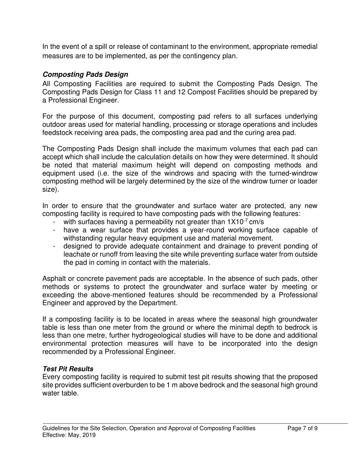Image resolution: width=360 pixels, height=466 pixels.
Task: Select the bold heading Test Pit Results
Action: point(68,369)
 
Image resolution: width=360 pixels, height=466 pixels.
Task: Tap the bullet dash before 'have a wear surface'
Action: point(55,230)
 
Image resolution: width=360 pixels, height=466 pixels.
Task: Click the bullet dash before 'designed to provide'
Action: point(55,247)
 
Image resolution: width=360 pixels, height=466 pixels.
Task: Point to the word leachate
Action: point(77,255)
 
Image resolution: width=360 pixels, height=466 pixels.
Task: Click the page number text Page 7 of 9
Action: point(302,428)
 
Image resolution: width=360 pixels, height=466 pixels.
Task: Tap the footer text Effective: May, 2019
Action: point(69,435)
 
